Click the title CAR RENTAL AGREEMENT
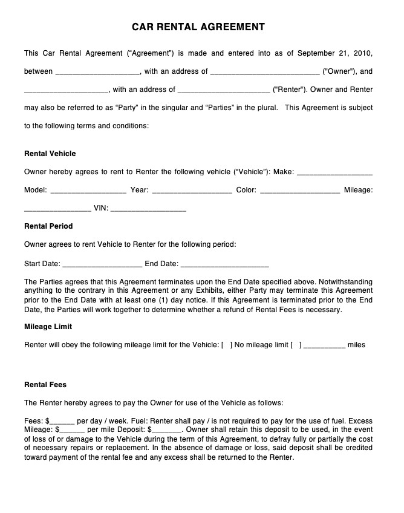point(198,27)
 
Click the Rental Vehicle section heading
point(50,154)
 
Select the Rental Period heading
point(48,226)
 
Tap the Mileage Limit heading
point(48,327)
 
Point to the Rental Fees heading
point(45,385)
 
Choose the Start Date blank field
point(102,264)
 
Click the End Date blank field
point(224,264)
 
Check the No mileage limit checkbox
point(227,345)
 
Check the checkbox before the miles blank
point(296,345)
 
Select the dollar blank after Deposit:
point(167,430)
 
